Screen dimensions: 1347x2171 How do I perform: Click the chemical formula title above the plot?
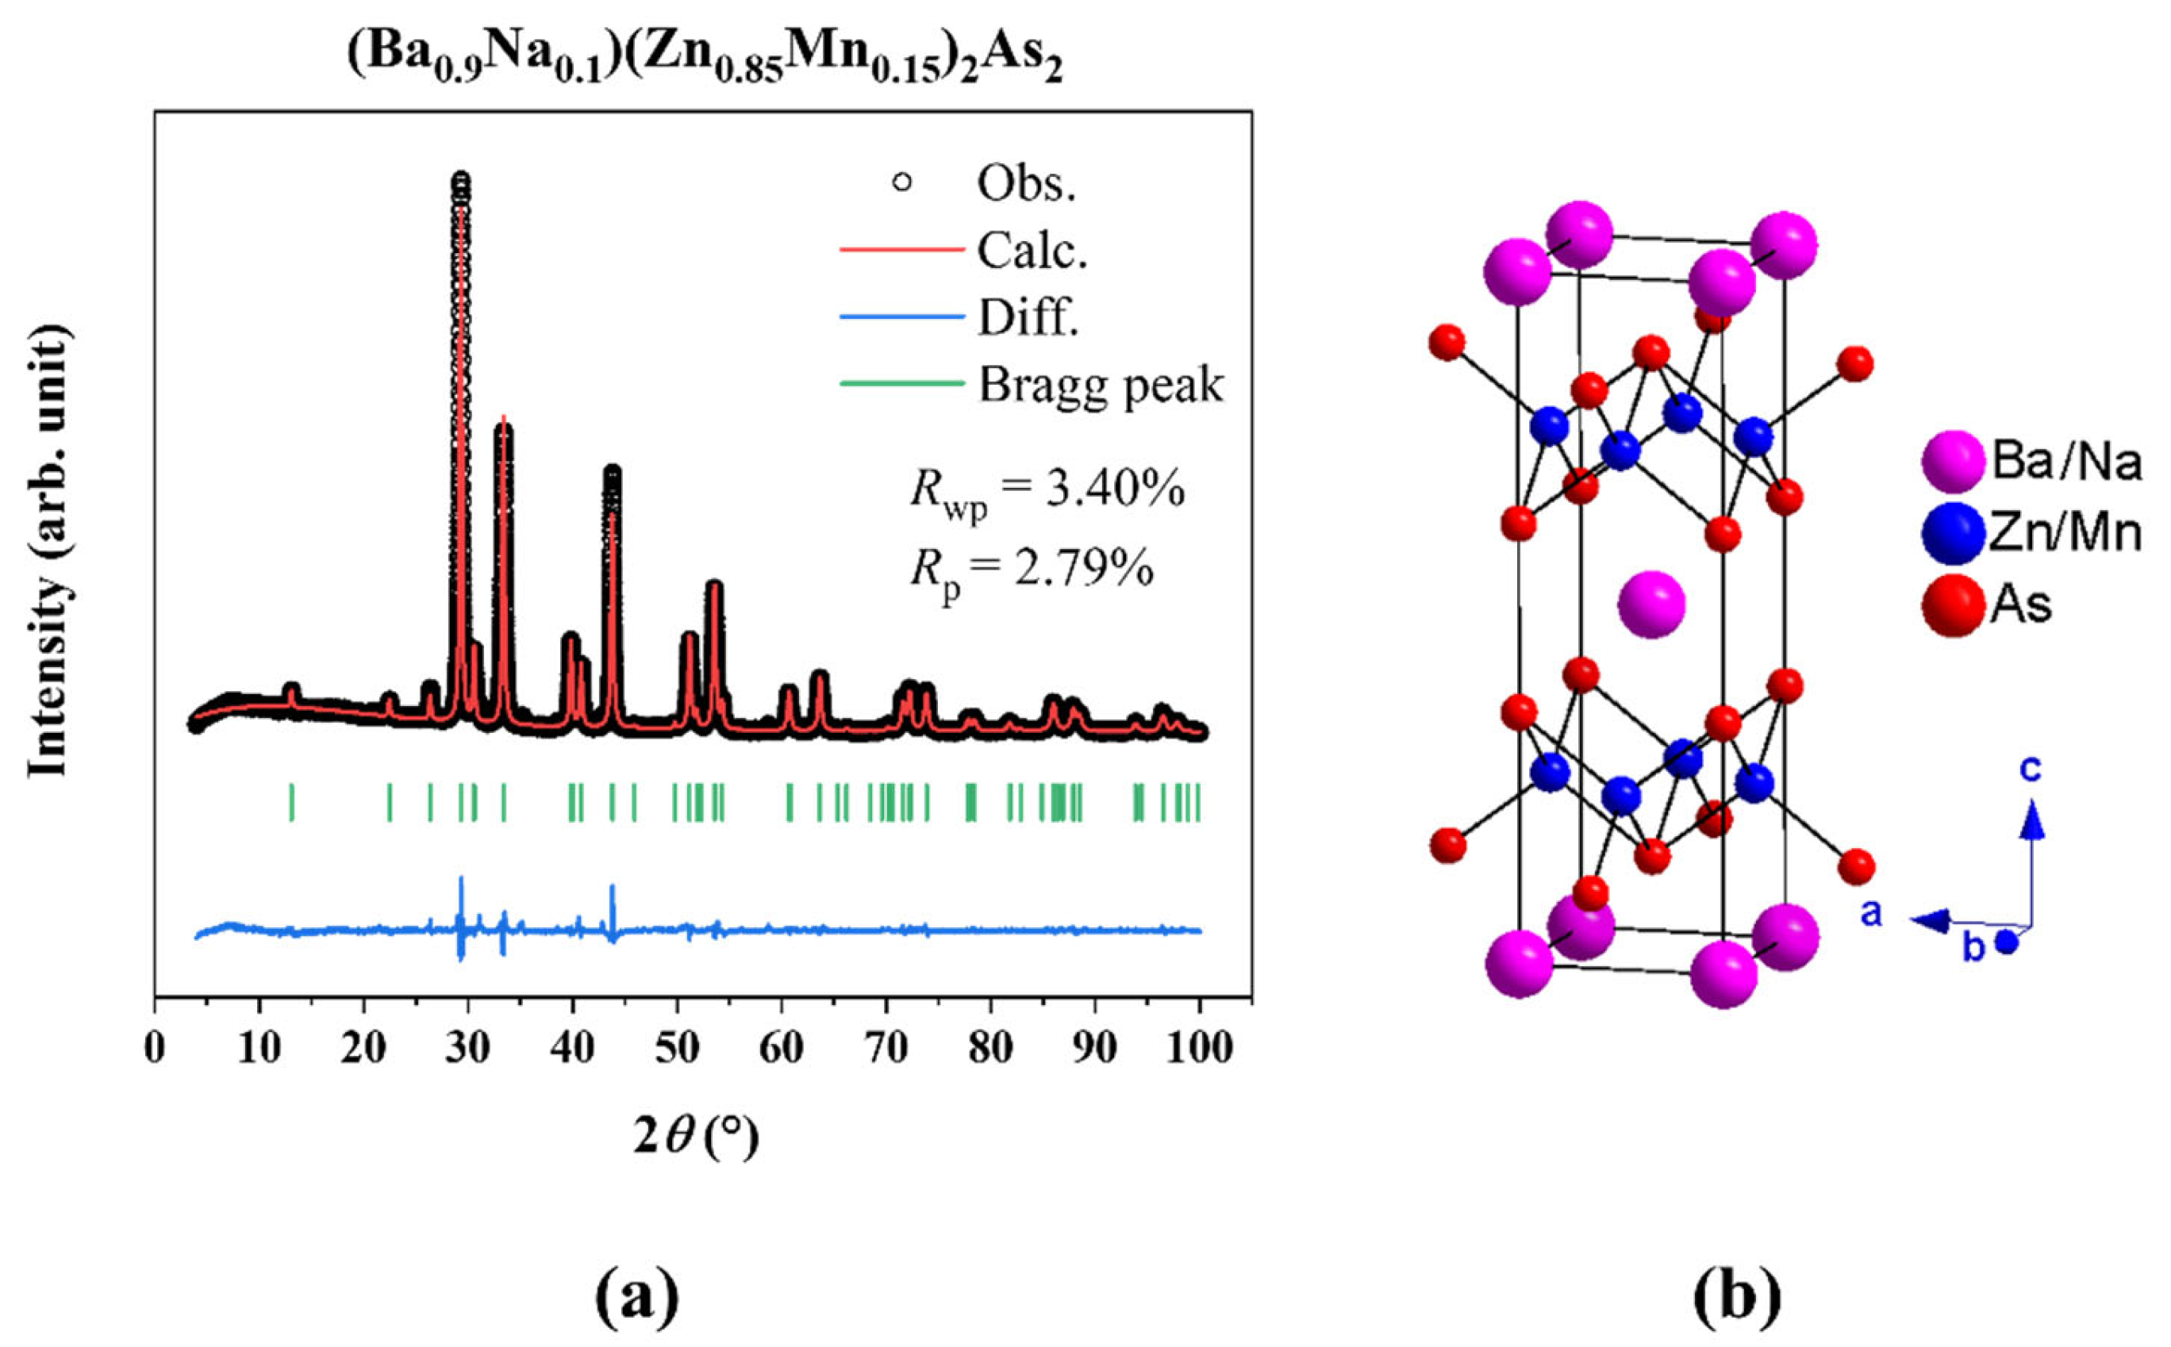[x=703, y=60]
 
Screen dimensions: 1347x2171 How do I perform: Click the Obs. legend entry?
[x=1025, y=182]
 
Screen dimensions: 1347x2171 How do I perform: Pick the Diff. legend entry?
[x=1027, y=317]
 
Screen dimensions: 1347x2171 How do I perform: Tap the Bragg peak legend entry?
[x=1101, y=385]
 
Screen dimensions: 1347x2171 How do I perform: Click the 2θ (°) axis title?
[x=696, y=1137]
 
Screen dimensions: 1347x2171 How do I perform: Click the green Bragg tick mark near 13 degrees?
[x=291, y=802]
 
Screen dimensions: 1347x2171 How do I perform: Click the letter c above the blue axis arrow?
[x=2031, y=768]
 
